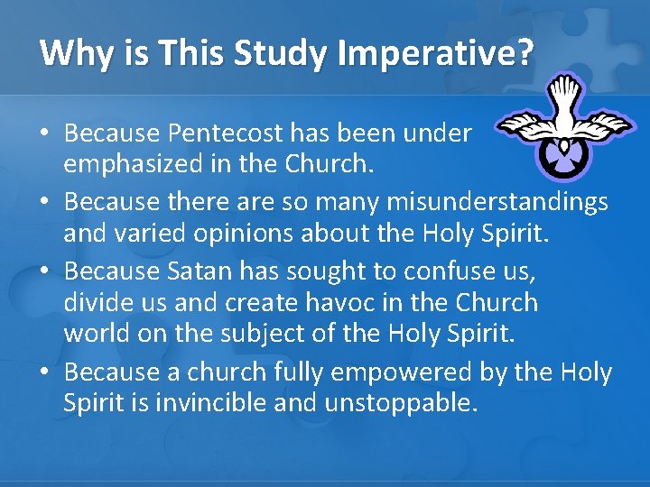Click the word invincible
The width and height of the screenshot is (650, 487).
tap(200, 403)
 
